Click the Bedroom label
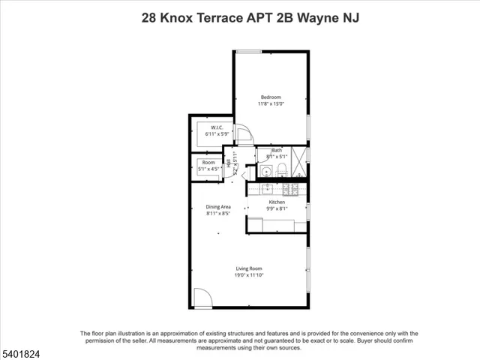click(271, 97)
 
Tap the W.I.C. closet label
click(217, 127)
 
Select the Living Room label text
click(249, 268)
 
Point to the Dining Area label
click(218, 207)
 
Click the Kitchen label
click(277, 202)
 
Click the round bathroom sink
click(266, 172)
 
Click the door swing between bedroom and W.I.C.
click(244, 135)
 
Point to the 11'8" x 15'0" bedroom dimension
click(271, 104)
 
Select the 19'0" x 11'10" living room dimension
click(249, 275)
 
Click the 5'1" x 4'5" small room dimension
click(208, 169)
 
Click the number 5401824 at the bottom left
click(22, 351)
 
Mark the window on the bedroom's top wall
click(249, 51)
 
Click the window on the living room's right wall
click(307, 259)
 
